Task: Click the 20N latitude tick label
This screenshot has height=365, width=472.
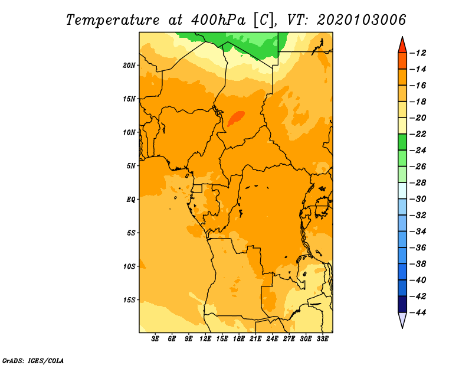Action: (129, 66)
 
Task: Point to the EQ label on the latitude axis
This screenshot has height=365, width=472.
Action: (131, 200)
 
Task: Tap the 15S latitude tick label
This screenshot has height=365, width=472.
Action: (129, 300)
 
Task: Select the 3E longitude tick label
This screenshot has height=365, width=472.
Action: (155, 339)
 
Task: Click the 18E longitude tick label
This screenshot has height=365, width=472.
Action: (239, 339)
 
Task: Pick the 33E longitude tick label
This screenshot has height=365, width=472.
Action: (322, 339)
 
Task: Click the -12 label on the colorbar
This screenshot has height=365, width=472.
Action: (418, 53)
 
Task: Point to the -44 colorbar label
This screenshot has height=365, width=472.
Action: (418, 312)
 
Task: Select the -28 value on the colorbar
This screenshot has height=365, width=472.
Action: (418, 183)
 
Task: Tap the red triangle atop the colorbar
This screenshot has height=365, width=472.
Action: (402, 45)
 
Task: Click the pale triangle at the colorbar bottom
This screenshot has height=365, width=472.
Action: (402, 319)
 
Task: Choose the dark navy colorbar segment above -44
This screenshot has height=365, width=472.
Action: (402, 304)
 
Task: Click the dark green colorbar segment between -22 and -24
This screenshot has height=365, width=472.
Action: (402, 142)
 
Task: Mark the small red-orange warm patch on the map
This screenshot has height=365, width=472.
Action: (236, 119)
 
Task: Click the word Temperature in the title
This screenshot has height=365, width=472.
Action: (113, 20)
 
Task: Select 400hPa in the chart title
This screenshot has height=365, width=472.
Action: (218, 20)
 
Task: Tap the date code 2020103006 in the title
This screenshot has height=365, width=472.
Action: (362, 20)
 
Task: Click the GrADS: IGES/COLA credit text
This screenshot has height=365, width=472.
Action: (33, 361)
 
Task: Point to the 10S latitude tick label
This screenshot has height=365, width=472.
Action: (129, 267)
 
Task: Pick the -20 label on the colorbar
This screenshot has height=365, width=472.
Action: (418, 118)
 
